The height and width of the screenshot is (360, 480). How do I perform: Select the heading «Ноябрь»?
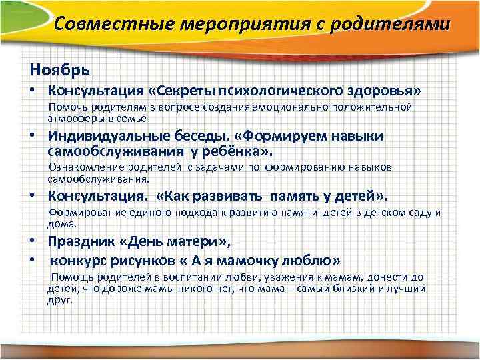[x=59, y=69]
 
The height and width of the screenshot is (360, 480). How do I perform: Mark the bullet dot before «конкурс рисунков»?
[x=32, y=259]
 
